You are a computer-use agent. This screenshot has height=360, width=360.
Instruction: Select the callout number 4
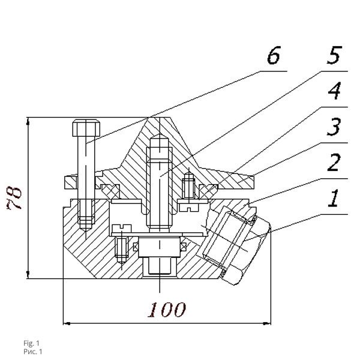point(335,94)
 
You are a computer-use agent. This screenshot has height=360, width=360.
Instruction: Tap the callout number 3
point(334,127)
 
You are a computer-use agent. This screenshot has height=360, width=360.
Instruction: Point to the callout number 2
point(335,163)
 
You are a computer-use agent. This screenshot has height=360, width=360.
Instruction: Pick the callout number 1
point(334,199)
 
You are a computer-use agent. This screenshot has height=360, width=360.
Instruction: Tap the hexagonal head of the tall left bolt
point(86,128)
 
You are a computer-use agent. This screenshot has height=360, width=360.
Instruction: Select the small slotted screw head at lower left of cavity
point(122,229)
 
